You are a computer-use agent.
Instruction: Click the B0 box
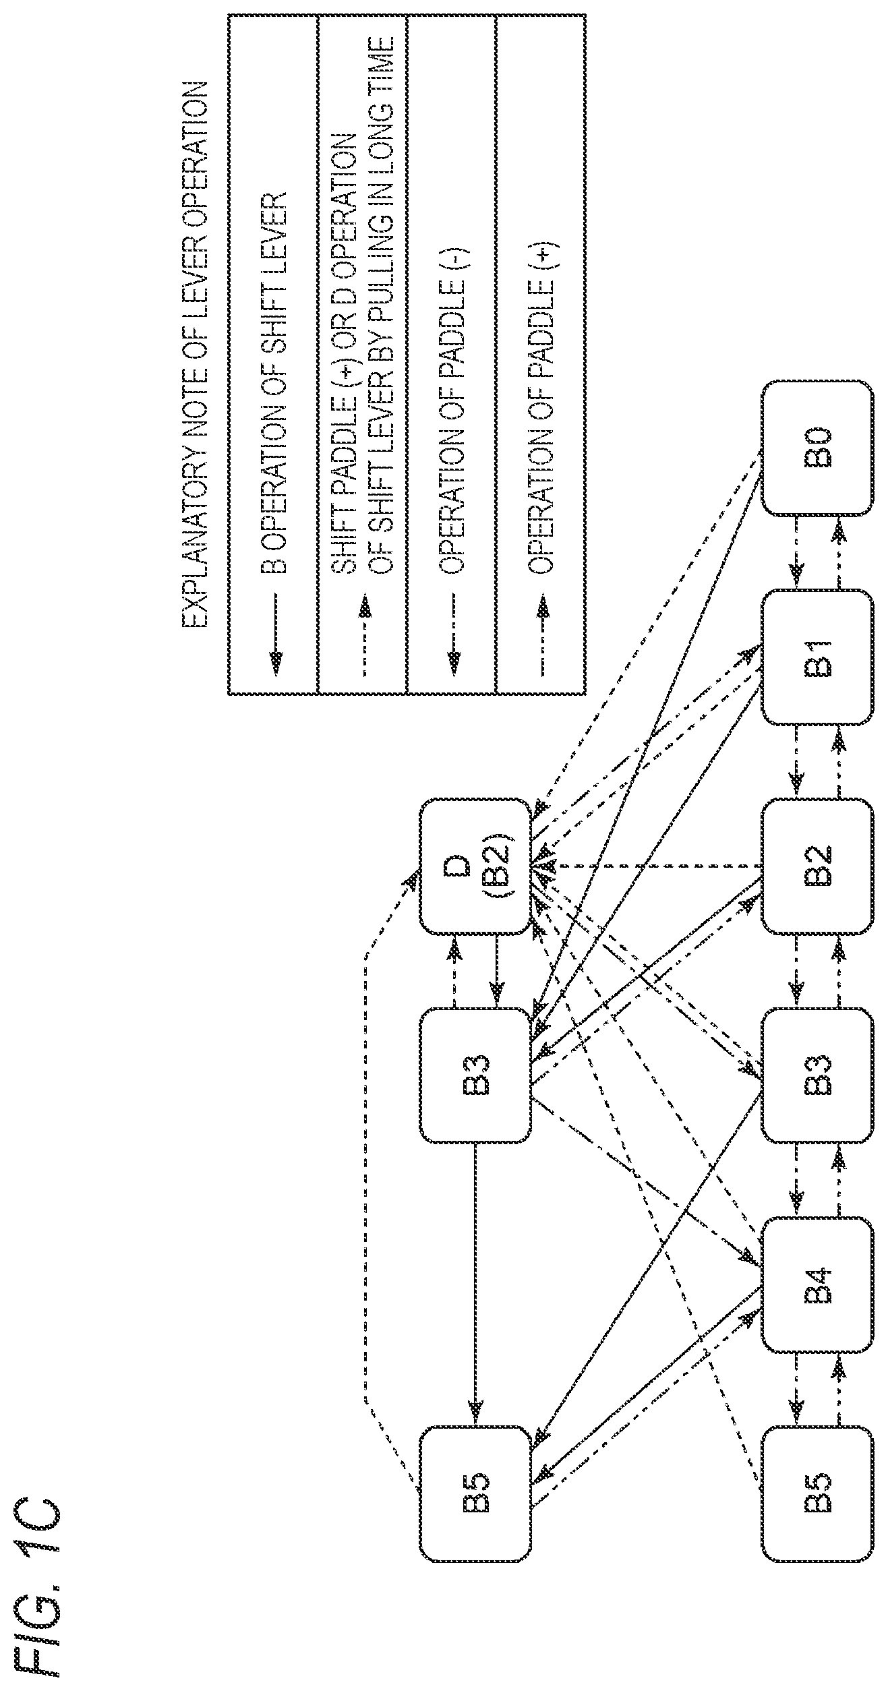817,448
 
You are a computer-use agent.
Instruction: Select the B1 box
817,658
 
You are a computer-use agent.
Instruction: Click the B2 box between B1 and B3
817,867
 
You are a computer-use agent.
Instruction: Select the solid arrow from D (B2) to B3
497,972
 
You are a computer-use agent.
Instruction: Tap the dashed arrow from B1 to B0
839,553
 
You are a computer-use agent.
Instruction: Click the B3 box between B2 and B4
817,1076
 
